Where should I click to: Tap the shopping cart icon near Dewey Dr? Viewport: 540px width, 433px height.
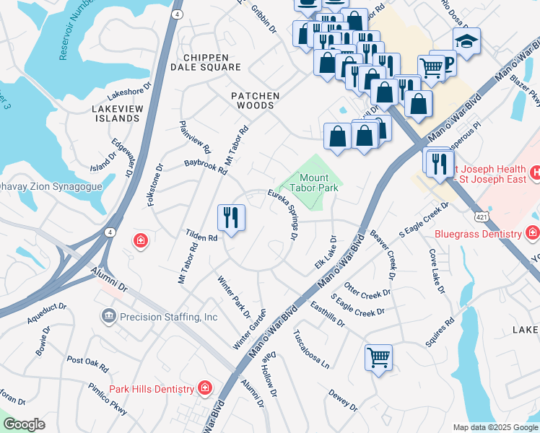tap(378, 357)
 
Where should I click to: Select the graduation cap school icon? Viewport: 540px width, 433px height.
tap(466, 43)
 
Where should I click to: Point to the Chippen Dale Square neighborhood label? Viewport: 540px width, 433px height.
tap(201, 62)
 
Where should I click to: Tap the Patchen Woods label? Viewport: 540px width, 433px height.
tap(252, 100)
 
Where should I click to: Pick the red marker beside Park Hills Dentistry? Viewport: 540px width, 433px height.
tap(205, 389)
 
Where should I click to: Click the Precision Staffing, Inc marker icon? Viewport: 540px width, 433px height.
tap(108, 316)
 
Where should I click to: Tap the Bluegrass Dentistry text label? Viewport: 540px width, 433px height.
tap(477, 233)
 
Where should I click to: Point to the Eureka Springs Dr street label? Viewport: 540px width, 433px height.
tap(284, 216)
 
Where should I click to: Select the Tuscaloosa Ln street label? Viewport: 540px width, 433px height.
tap(311, 349)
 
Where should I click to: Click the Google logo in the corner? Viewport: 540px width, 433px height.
tap(24, 424)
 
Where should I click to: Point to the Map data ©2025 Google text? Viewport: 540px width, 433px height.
tap(495, 427)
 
